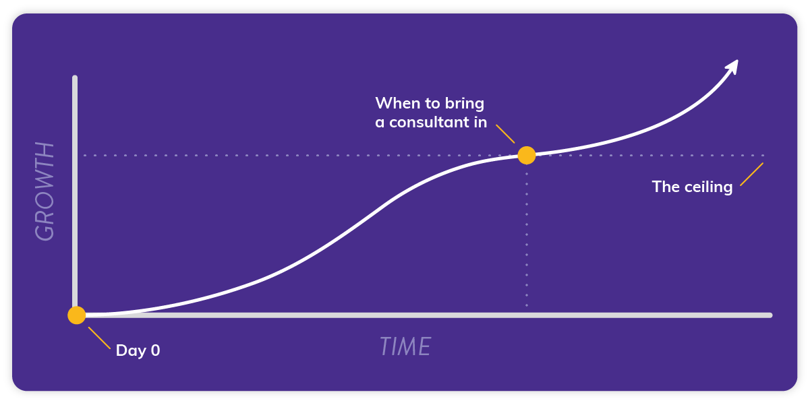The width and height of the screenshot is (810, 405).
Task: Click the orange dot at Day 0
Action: click(x=77, y=315)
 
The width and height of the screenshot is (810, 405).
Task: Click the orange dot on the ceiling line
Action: click(x=526, y=156)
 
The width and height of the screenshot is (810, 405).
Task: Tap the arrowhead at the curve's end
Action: click(x=733, y=65)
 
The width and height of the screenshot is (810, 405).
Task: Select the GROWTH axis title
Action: click(x=45, y=191)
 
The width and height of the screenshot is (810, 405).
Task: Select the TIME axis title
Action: click(x=405, y=346)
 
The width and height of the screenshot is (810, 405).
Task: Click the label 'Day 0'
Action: click(x=138, y=350)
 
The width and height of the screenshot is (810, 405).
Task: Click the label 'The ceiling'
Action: click(x=692, y=187)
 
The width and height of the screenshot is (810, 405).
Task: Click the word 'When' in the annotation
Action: click(x=394, y=103)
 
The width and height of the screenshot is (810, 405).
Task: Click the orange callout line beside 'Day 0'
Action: click(x=99, y=338)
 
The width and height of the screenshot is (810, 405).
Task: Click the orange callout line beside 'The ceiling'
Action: click(x=751, y=175)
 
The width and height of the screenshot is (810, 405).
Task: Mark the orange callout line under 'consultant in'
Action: click(x=505, y=133)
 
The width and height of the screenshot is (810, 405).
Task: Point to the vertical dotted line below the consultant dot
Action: click(x=526, y=236)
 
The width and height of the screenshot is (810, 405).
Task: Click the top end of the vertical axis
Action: click(x=75, y=79)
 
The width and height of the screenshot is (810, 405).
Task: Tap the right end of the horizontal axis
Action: click(x=769, y=315)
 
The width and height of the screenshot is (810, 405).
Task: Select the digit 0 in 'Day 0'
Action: click(x=155, y=350)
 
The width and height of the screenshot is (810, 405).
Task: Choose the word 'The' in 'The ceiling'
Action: click(x=665, y=187)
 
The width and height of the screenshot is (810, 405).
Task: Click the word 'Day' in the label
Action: click(x=130, y=350)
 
